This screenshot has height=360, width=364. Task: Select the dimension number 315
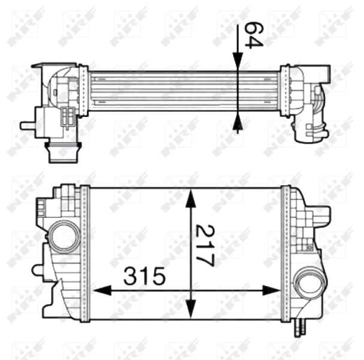click(x=144, y=277)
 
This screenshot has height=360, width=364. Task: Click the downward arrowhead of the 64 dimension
click(x=238, y=60)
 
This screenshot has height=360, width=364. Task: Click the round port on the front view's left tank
click(x=62, y=235)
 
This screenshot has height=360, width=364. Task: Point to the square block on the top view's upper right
click(x=324, y=73)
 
